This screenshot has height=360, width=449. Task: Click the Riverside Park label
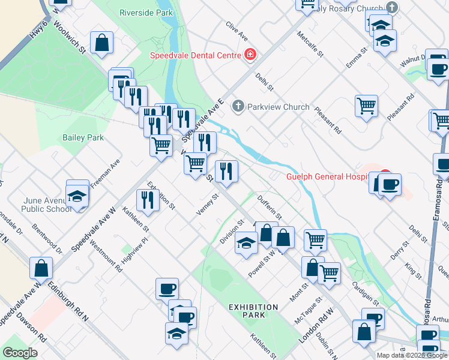146,13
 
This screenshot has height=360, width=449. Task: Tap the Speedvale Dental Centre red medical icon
250,55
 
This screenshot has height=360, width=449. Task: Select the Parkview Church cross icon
238,107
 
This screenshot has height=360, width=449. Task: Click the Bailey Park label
83,137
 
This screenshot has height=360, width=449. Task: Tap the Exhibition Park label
253,311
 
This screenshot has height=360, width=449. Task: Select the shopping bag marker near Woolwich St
102,43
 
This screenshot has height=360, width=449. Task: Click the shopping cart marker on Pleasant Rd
366,107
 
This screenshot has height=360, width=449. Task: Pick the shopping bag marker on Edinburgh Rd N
41,268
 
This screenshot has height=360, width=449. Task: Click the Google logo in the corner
20,353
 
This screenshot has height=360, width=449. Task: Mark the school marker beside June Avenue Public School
77,196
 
